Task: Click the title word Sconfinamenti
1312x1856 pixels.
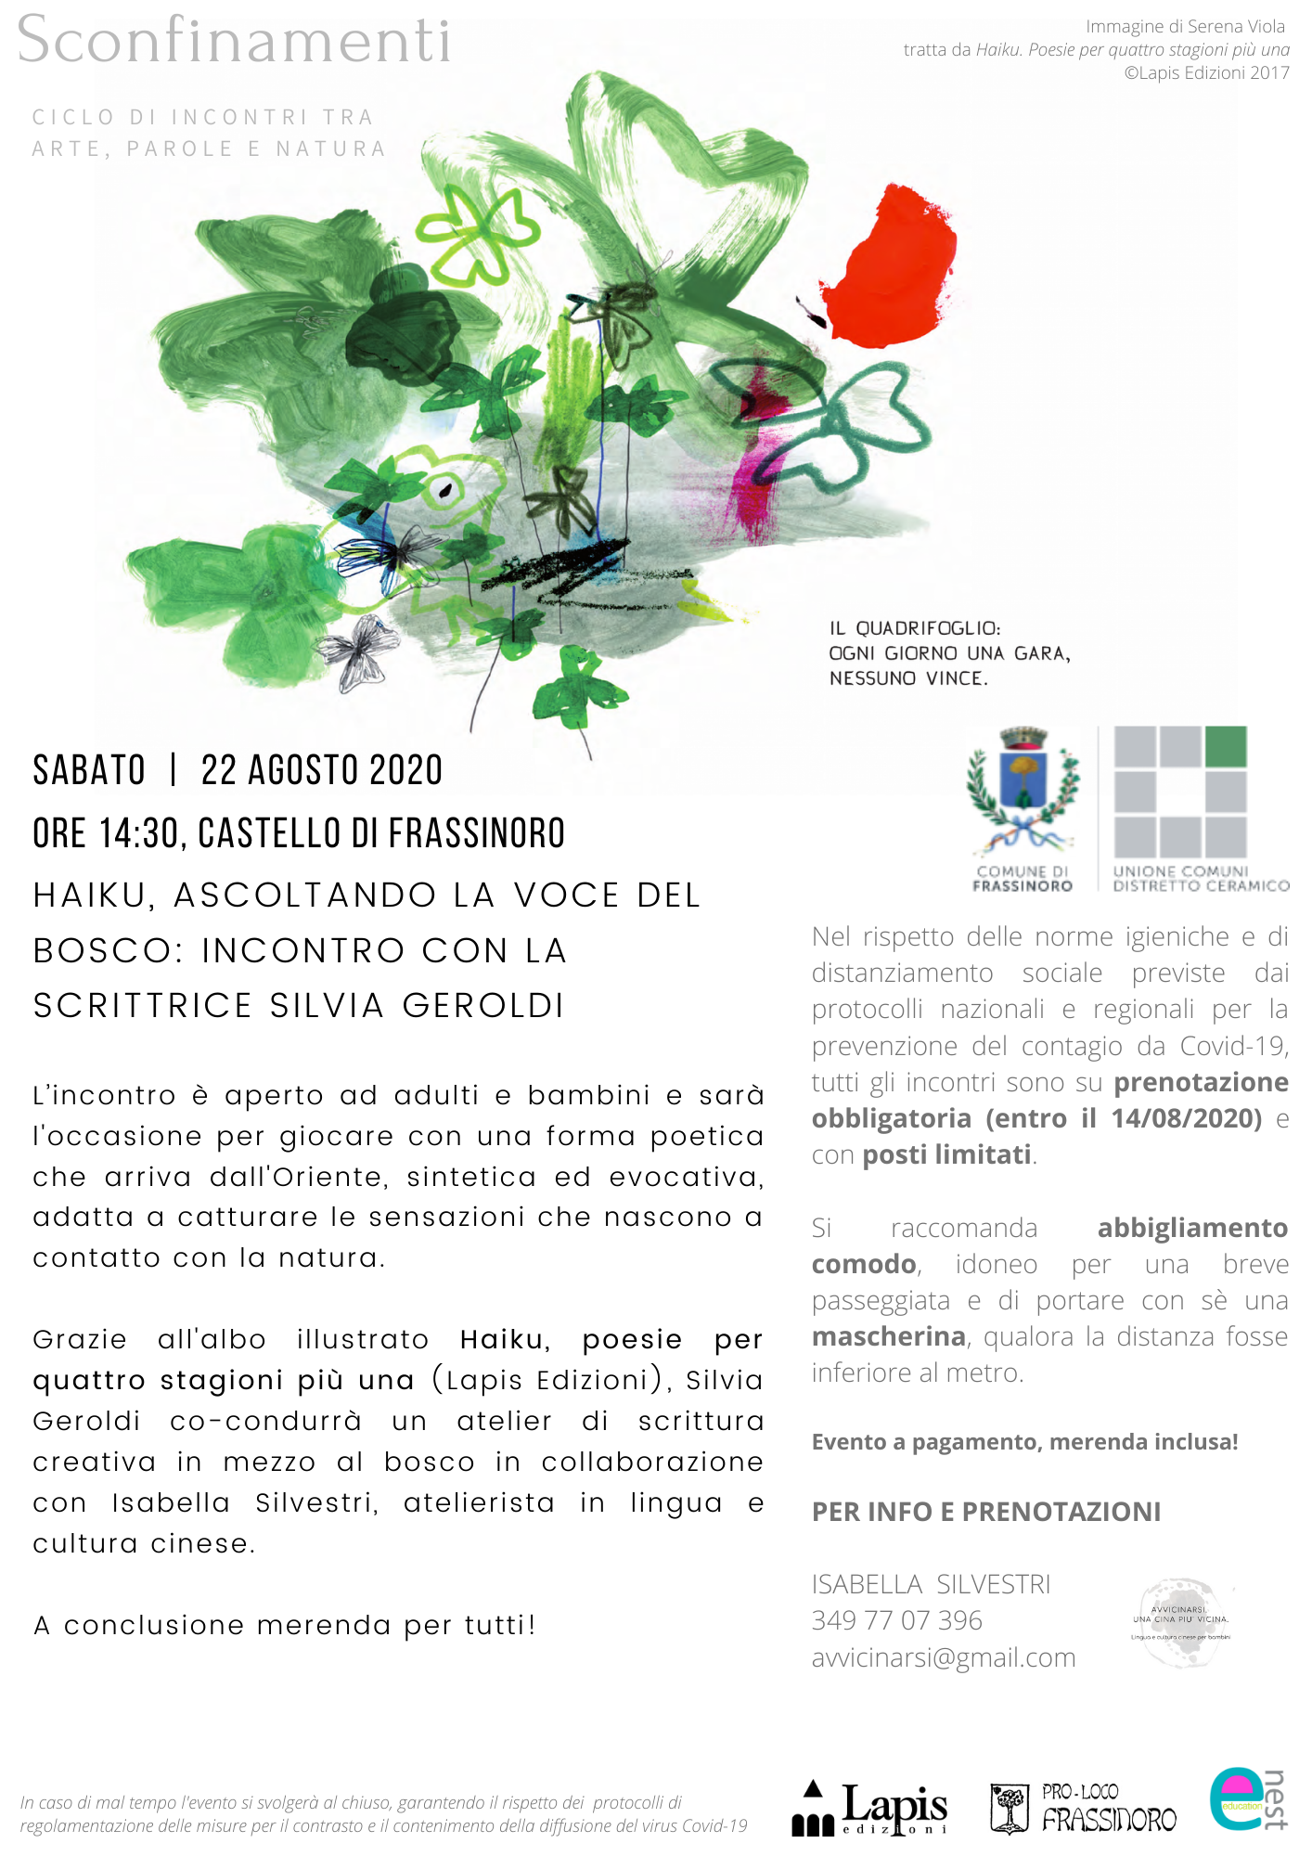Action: [x=234, y=41]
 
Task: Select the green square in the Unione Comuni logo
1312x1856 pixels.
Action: [x=1226, y=747]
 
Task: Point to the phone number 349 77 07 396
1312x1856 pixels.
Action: [x=896, y=1620]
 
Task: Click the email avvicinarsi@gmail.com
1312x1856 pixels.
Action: [x=944, y=1657]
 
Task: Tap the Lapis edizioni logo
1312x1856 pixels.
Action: [x=871, y=1809]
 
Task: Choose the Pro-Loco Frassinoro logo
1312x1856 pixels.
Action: [x=1083, y=1809]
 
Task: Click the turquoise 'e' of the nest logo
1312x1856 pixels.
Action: [x=1235, y=1800]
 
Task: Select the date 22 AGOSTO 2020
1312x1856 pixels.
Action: [x=322, y=770]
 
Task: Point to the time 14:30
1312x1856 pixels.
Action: [x=138, y=833]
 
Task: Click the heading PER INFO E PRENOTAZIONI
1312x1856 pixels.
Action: [x=986, y=1512]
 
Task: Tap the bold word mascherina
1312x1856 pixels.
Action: [x=889, y=1336]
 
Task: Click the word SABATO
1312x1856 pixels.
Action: [x=89, y=770]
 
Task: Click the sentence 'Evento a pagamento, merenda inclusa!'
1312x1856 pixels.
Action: [x=1024, y=1442]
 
